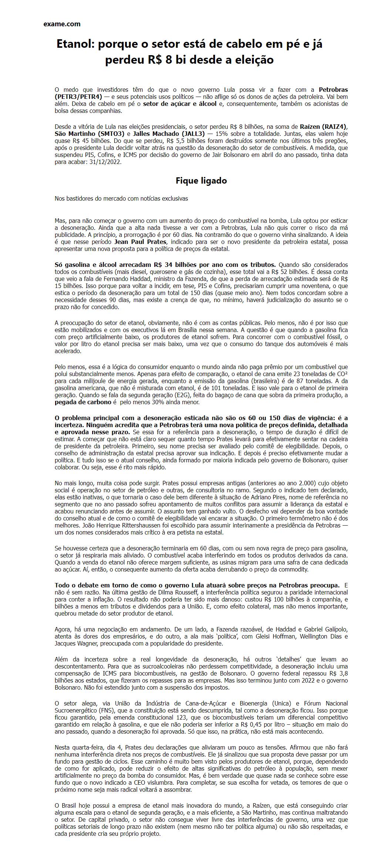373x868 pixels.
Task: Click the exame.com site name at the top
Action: pyautogui.click(x=62, y=24)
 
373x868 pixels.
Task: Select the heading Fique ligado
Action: pyautogui.click(x=201, y=181)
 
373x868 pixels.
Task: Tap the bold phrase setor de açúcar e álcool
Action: pyautogui.click(x=180, y=104)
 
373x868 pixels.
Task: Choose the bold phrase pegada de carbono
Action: pyautogui.click(x=83, y=402)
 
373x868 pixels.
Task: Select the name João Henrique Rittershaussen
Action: pyautogui.click(x=94, y=525)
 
